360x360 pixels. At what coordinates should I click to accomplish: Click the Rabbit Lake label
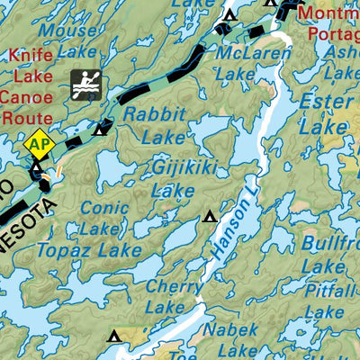(155, 126)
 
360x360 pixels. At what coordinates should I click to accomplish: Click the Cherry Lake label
(164, 296)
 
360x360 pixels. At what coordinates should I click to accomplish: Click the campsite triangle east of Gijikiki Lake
(211, 216)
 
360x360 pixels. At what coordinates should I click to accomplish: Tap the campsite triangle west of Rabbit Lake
(99, 130)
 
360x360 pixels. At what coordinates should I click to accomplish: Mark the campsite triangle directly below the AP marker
(36, 167)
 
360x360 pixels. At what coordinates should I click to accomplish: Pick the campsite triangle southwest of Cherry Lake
(113, 337)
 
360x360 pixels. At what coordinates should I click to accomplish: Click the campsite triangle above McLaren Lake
(229, 15)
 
